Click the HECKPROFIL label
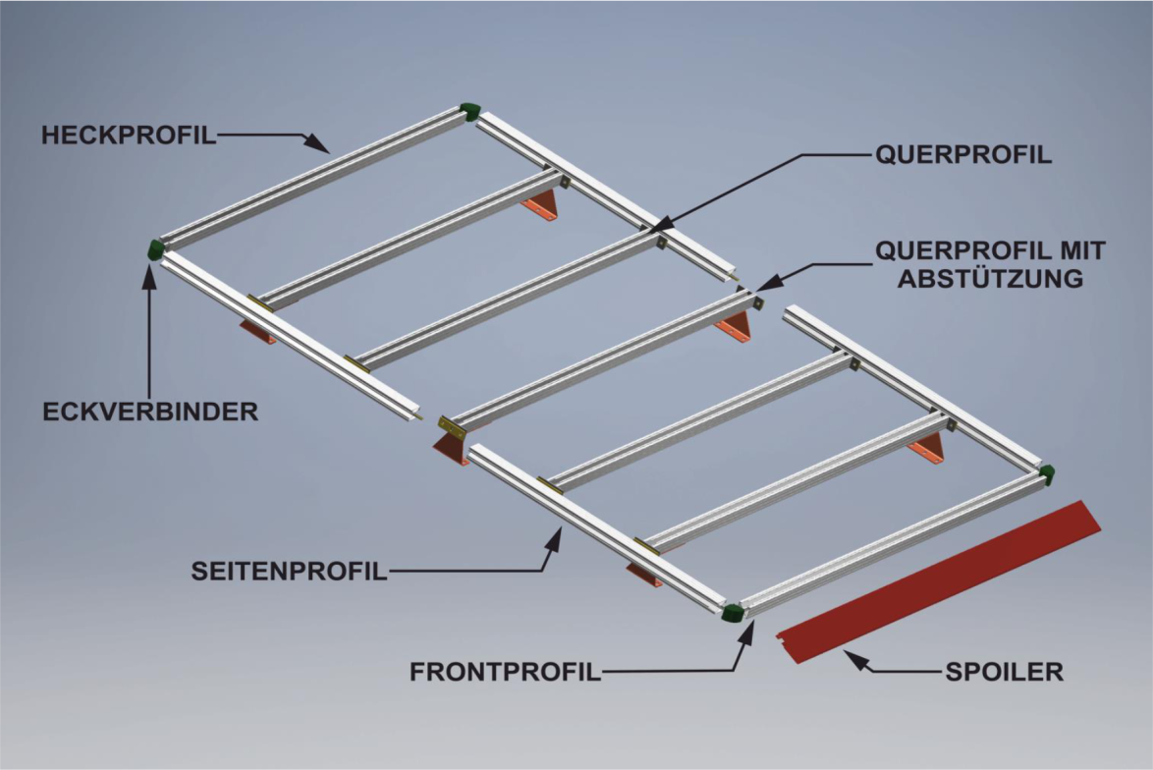click(x=128, y=136)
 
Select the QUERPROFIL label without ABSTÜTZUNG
click(x=962, y=155)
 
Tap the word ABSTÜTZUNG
click(x=990, y=278)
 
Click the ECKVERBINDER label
click(x=150, y=412)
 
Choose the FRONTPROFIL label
click(x=505, y=673)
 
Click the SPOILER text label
click(x=1004, y=673)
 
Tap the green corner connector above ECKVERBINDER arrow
click(x=156, y=249)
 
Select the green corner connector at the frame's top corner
click(x=470, y=110)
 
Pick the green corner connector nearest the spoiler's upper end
click(x=1047, y=474)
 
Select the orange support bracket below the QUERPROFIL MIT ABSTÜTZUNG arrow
click(x=736, y=328)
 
